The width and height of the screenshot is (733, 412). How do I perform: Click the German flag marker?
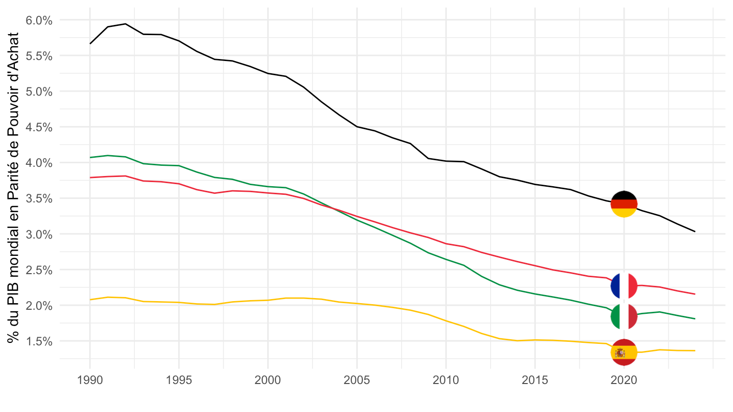click(x=624, y=204)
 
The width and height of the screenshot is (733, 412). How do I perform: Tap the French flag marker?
click(x=624, y=285)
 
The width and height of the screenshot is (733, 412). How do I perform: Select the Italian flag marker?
click(x=624, y=316)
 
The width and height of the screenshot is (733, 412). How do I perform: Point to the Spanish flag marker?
click(x=624, y=352)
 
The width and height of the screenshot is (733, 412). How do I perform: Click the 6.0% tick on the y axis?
click(x=39, y=20)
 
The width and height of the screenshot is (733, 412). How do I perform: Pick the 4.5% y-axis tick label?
click(x=39, y=127)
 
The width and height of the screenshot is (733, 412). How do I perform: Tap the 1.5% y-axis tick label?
click(x=39, y=341)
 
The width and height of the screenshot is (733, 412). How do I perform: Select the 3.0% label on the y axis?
click(x=39, y=234)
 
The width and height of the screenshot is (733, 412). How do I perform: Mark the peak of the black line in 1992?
click(x=125, y=24)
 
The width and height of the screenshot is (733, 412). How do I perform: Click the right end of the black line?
click(x=695, y=231)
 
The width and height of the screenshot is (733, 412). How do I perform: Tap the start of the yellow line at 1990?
click(x=90, y=300)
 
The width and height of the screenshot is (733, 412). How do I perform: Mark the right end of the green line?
click(x=695, y=319)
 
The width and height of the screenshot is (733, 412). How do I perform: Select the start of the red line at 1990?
click(x=90, y=178)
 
